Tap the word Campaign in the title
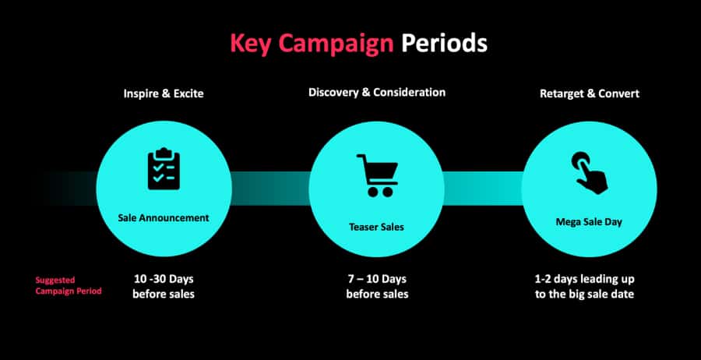click(336, 44)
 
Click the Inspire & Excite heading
click(164, 94)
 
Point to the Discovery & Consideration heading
click(377, 93)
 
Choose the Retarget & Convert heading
click(590, 94)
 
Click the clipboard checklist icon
click(164, 168)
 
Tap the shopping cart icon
click(377, 175)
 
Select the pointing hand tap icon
click(590, 173)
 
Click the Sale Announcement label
click(164, 218)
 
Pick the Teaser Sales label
click(376, 228)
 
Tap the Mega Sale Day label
click(589, 222)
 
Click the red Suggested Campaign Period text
click(69, 286)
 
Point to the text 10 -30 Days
click(164, 279)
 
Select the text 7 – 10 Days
click(377, 279)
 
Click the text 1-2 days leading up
click(585, 280)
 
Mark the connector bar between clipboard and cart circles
click(270, 189)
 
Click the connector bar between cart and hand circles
click(483, 189)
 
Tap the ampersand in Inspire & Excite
click(164, 94)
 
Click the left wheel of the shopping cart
click(372, 192)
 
